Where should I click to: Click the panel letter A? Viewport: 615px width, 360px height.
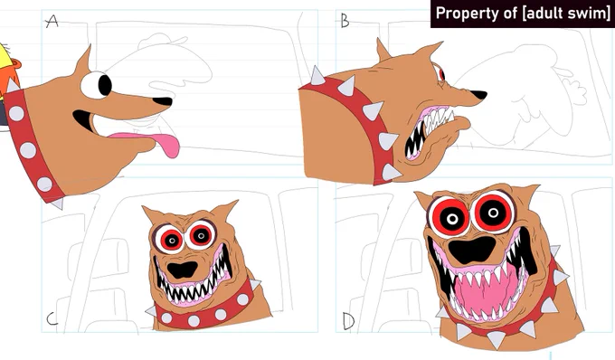click(x=52, y=21)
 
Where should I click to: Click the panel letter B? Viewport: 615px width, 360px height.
click(x=345, y=21)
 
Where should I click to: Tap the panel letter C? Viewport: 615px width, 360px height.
click(x=52, y=319)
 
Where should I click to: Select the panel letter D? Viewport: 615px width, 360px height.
click(x=349, y=321)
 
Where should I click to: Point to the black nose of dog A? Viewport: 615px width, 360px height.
click(x=163, y=101)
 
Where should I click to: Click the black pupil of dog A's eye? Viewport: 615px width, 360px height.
click(x=105, y=85)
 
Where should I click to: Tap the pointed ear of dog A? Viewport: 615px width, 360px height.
click(x=84, y=60)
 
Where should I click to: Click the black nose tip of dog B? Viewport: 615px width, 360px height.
click(x=478, y=94)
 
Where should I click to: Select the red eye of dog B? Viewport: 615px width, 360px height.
click(x=441, y=74)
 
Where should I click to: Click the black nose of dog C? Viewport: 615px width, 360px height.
click(x=183, y=270)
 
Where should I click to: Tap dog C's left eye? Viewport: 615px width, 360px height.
click(x=171, y=239)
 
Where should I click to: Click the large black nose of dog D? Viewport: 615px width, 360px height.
click(x=471, y=250)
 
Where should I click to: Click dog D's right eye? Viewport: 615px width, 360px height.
click(x=494, y=213)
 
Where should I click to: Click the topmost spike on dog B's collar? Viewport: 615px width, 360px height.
click(x=317, y=76)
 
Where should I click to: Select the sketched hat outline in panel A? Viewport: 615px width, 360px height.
click(x=162, y=40)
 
